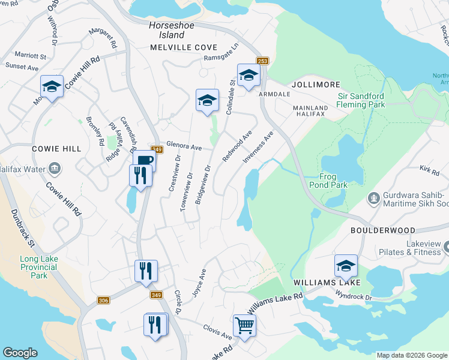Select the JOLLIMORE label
click(315, 85)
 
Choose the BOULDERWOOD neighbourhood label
click(382, 230)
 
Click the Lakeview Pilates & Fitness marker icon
click(445, 246)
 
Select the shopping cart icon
click(244, 326)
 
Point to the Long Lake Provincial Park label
click(39, 268)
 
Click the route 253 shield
click(263, 61)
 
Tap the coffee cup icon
click(145, 161)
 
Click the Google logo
click(20, 353)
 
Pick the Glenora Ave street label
click(184, 145)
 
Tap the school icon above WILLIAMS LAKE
click(346, 265)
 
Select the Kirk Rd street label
click(430, 171)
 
